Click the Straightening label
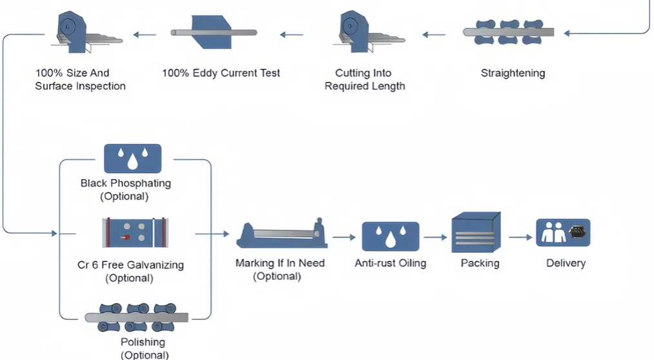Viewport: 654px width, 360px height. click(x=513, y=73)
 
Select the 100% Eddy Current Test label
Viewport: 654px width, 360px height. click(x=221, y=73)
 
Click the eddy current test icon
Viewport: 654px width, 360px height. click(x=214, y=32)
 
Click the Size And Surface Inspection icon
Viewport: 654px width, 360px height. click(x=81, y=33)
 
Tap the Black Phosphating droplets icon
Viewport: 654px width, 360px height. click(x=132, y=158)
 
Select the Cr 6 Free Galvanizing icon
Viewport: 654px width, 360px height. click(x=135, y=232)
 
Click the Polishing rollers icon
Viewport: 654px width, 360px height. click(x=136, y=317)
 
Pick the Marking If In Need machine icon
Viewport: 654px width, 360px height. click(x=280, y=236)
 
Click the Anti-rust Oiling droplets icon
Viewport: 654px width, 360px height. click(x=390, y=236)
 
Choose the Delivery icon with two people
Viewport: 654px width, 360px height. click(x=563, y=232)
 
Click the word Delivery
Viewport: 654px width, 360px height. click(x=566, y=263)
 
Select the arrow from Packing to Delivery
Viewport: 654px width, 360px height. click(x=520, y=237)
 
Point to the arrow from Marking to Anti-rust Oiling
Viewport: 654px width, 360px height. click(x=344, y=237)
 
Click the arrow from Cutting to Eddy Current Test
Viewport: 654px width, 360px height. click(x=291, y=34)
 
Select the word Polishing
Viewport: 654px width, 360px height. click(x=143, y=342)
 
